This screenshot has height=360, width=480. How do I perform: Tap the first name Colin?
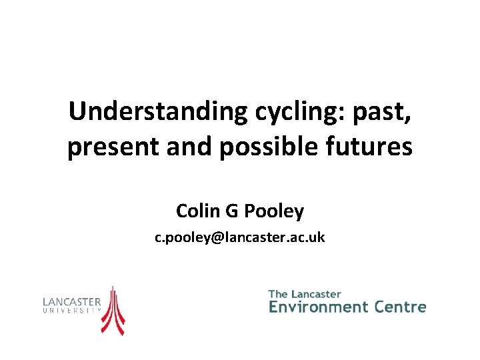tap(195, 211)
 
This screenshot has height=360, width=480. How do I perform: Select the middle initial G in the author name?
tap(230, 211)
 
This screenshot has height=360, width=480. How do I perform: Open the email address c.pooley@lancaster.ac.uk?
tap(240, 237)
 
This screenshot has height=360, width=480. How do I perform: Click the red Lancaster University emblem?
tap(113, 310)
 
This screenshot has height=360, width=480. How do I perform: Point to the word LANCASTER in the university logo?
tap(72, 301)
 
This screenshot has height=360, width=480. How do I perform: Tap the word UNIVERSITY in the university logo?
tap(72, 311)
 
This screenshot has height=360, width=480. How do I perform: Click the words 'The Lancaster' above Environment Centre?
tap(305, 294)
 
